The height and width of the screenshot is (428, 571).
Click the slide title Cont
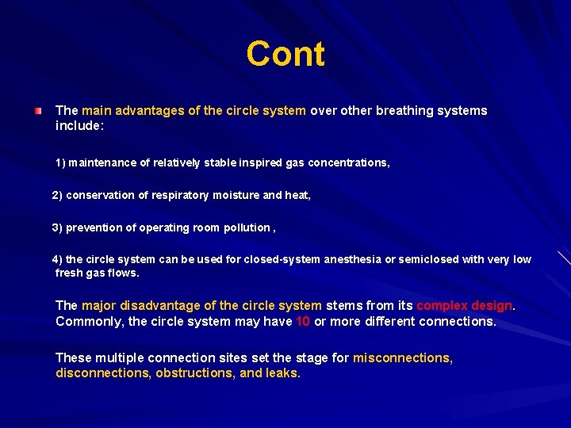click(285, 54)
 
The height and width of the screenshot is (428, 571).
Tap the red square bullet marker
click(38, 111)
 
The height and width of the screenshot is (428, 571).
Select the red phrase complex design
click(465, 305)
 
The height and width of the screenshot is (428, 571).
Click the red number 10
click(303, 322)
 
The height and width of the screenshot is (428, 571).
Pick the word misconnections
click(402, 357)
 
